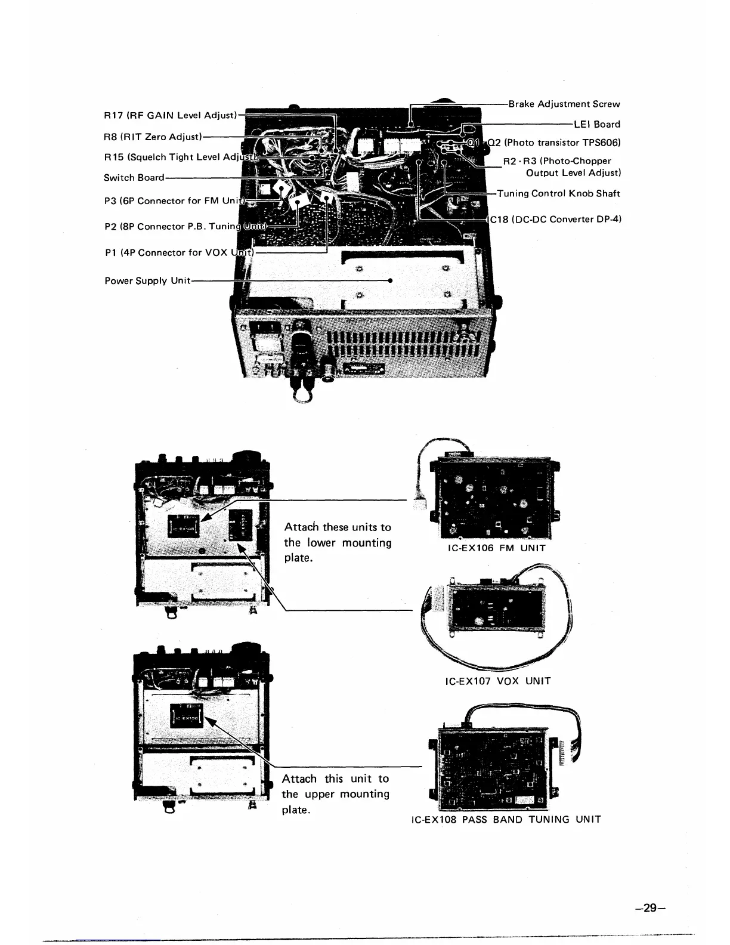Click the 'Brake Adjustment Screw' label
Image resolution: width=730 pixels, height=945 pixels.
(564, 104)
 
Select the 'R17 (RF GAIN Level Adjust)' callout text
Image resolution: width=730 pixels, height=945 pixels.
(171, 115)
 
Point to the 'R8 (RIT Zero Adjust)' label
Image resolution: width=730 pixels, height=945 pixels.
(153, 137)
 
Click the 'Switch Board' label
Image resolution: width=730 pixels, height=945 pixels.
(134, 177)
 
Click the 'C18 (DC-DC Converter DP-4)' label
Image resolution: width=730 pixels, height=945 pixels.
(555, 219)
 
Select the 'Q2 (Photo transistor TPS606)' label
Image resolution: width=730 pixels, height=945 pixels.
(555, 143)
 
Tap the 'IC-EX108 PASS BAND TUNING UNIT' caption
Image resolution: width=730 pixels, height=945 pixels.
(506, 819)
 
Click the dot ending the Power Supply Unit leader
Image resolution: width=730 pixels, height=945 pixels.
(389, 280)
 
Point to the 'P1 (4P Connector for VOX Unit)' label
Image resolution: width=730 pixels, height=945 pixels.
(179, 252)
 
